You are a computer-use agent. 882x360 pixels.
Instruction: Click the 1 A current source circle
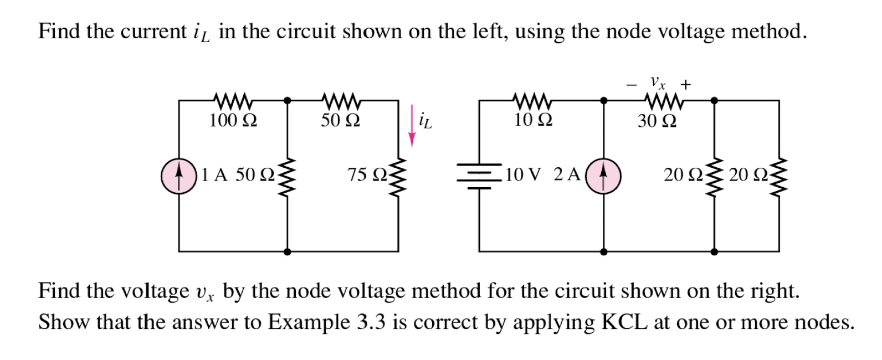179,176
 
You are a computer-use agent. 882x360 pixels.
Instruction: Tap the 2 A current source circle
603,176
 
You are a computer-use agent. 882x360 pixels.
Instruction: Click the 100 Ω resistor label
233,120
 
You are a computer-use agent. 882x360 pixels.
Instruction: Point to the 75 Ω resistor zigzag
399,176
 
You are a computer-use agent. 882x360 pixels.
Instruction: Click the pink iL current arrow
412,126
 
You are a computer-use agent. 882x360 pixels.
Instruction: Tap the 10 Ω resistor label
533,120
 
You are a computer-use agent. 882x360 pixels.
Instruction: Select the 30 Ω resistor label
657,121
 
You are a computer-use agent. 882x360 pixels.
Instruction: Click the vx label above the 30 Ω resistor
657,83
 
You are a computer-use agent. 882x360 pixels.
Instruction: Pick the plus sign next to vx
686,85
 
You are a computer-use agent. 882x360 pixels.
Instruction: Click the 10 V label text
522,175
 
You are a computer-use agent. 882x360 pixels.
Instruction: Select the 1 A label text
214,175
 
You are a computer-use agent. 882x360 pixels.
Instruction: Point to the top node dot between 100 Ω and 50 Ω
287,100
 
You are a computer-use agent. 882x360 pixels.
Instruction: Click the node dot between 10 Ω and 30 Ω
604,100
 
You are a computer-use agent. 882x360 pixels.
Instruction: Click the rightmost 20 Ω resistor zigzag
779,176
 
